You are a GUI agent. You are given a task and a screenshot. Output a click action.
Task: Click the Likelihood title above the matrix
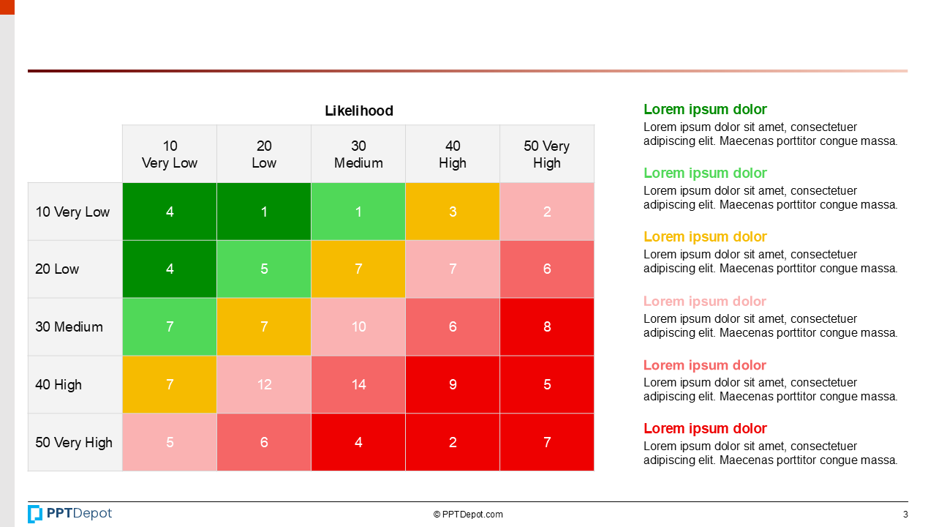tap(358, 111)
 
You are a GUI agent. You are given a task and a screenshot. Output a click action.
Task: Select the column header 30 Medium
tap(358, 154)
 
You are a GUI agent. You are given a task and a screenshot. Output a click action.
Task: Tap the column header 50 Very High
tap(546, 154)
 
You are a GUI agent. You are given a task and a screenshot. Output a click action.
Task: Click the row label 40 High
tap(58, 384)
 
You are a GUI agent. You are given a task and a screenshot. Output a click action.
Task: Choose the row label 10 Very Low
tap(72, 212)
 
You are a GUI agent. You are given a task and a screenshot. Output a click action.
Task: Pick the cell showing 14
tap(358, 384)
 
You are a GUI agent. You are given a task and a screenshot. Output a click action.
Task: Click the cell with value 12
tap(264, 384)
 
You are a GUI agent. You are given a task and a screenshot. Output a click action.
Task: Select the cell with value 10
tap(358, 326)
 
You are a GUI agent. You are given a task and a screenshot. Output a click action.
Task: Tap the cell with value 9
tap(453, 384)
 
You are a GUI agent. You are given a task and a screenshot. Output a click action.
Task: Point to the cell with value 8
tap(546, 326)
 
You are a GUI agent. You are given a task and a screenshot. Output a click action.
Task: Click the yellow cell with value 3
tap(453, 212)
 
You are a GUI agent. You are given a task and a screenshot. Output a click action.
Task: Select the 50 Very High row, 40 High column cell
tap(453, 442)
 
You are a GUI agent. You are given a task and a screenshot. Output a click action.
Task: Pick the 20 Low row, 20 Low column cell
tap(264, 269)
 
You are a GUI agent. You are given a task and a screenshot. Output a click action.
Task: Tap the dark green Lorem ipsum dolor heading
tap(705, 109)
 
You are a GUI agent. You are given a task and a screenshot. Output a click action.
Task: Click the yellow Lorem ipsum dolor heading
tap(705, 236)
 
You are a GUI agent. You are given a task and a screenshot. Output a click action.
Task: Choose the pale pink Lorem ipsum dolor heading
tap(705, 301)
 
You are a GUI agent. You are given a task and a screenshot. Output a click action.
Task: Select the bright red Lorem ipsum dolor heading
tap(705, 428)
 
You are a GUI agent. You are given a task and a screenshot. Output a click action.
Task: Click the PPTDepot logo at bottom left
tap(70, 514)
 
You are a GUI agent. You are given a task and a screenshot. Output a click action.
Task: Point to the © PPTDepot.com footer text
tap(468, 515)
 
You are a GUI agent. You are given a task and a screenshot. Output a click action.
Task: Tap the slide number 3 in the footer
tap(905, 514)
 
